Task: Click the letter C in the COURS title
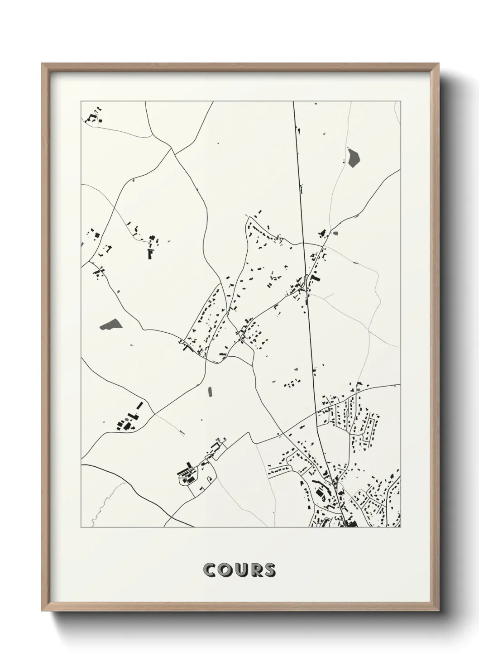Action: tap(211, 570)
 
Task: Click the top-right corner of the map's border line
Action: tap(401, 101)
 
